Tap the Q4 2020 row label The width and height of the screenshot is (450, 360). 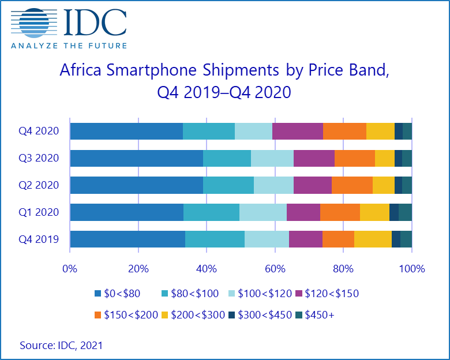[x=39, y=131]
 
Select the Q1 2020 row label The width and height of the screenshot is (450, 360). [x=39, y=212]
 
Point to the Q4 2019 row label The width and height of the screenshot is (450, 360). [x=39, y=239]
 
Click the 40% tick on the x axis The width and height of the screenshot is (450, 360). [x=207, y=269]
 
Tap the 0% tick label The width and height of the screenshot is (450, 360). [x=70, y=269]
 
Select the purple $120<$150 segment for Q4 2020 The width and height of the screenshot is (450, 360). [x=297, y=131]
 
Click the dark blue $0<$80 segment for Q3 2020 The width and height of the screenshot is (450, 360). [x=136, y=158]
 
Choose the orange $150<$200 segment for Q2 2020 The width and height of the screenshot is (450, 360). [x=352, y=185]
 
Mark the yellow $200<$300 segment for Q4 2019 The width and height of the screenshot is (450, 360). [x=373, y=239]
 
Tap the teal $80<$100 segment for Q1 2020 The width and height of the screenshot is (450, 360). [x=211, y=212]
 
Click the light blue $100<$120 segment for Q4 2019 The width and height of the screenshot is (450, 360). [x=267, y=239]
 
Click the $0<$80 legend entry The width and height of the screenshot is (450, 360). [x=118, y=294]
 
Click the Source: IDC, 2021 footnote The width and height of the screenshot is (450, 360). [x=62, y=345]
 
